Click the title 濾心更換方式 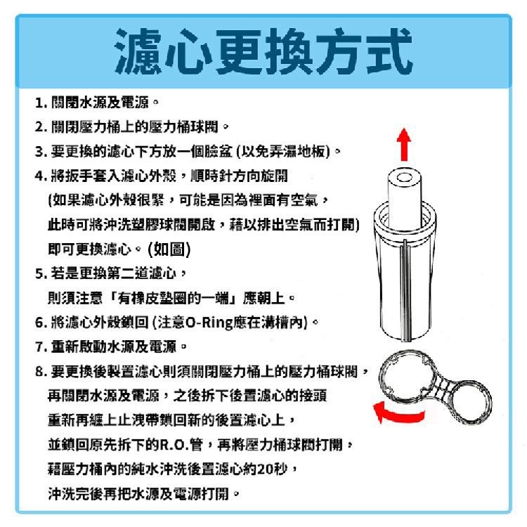tap(263, 51)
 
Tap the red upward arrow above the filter tap(403, 145)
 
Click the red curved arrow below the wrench tap(398, 412)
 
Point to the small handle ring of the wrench tap(470, 402)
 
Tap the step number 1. tap(40, 103)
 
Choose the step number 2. tap(40, 127)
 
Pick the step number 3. tap(40, 152)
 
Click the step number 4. tap(40, 176)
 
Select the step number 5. tap(40, 273)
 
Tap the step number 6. tap(40, 323)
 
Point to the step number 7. tap(40, 347)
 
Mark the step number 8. tap(40, 372)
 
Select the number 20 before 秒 tap(265, 469)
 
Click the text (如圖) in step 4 tap(169, 249)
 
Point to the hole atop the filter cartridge tap(404, 177)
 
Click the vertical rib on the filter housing tap(406, 290)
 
